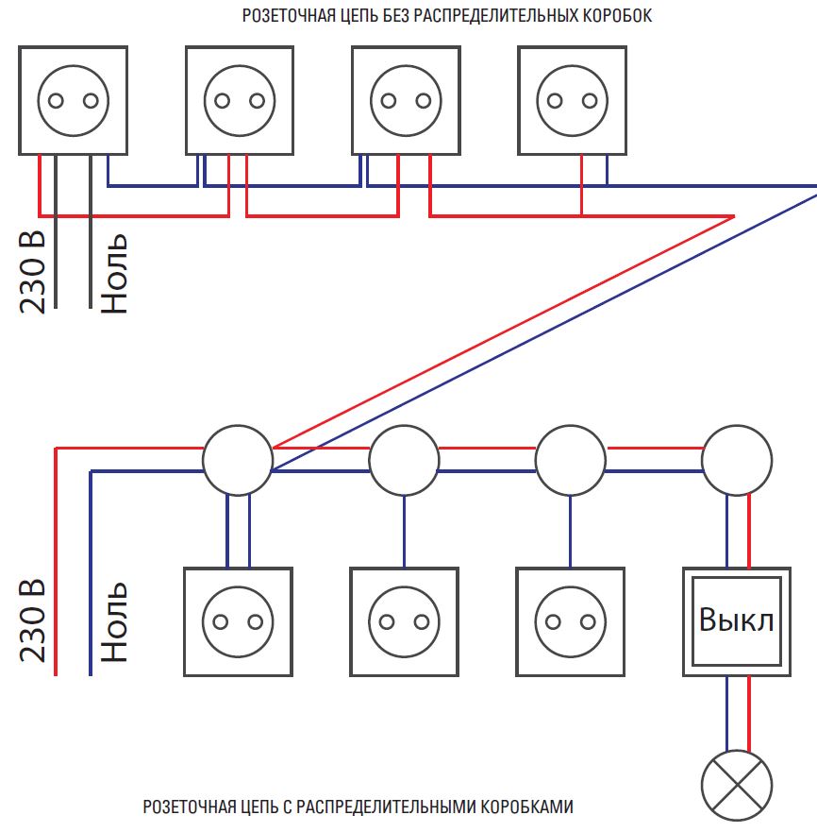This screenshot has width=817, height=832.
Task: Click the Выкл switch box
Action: tap(737, 620)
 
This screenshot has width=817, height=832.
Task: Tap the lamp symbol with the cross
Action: tap(737, 786)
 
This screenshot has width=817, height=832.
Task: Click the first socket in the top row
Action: tap(73, 100)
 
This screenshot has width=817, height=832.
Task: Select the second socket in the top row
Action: tap(240, 100)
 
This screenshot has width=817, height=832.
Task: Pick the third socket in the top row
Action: tap(406, 100)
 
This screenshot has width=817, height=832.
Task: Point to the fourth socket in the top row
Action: tap(572, 100)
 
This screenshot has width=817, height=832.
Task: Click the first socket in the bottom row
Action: tap(238, 620)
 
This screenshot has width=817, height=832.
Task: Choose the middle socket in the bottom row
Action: tap(404, 620)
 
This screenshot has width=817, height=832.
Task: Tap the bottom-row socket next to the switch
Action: tap(570, 620)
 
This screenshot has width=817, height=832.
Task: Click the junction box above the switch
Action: tap(737, 460)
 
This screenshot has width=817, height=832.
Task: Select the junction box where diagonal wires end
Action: tap(238, 460)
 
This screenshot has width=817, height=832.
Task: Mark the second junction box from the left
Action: tap(404, 460)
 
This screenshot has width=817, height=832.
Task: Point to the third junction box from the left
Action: tap(570, 460)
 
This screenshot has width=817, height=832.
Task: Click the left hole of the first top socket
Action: tap(55, 101)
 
